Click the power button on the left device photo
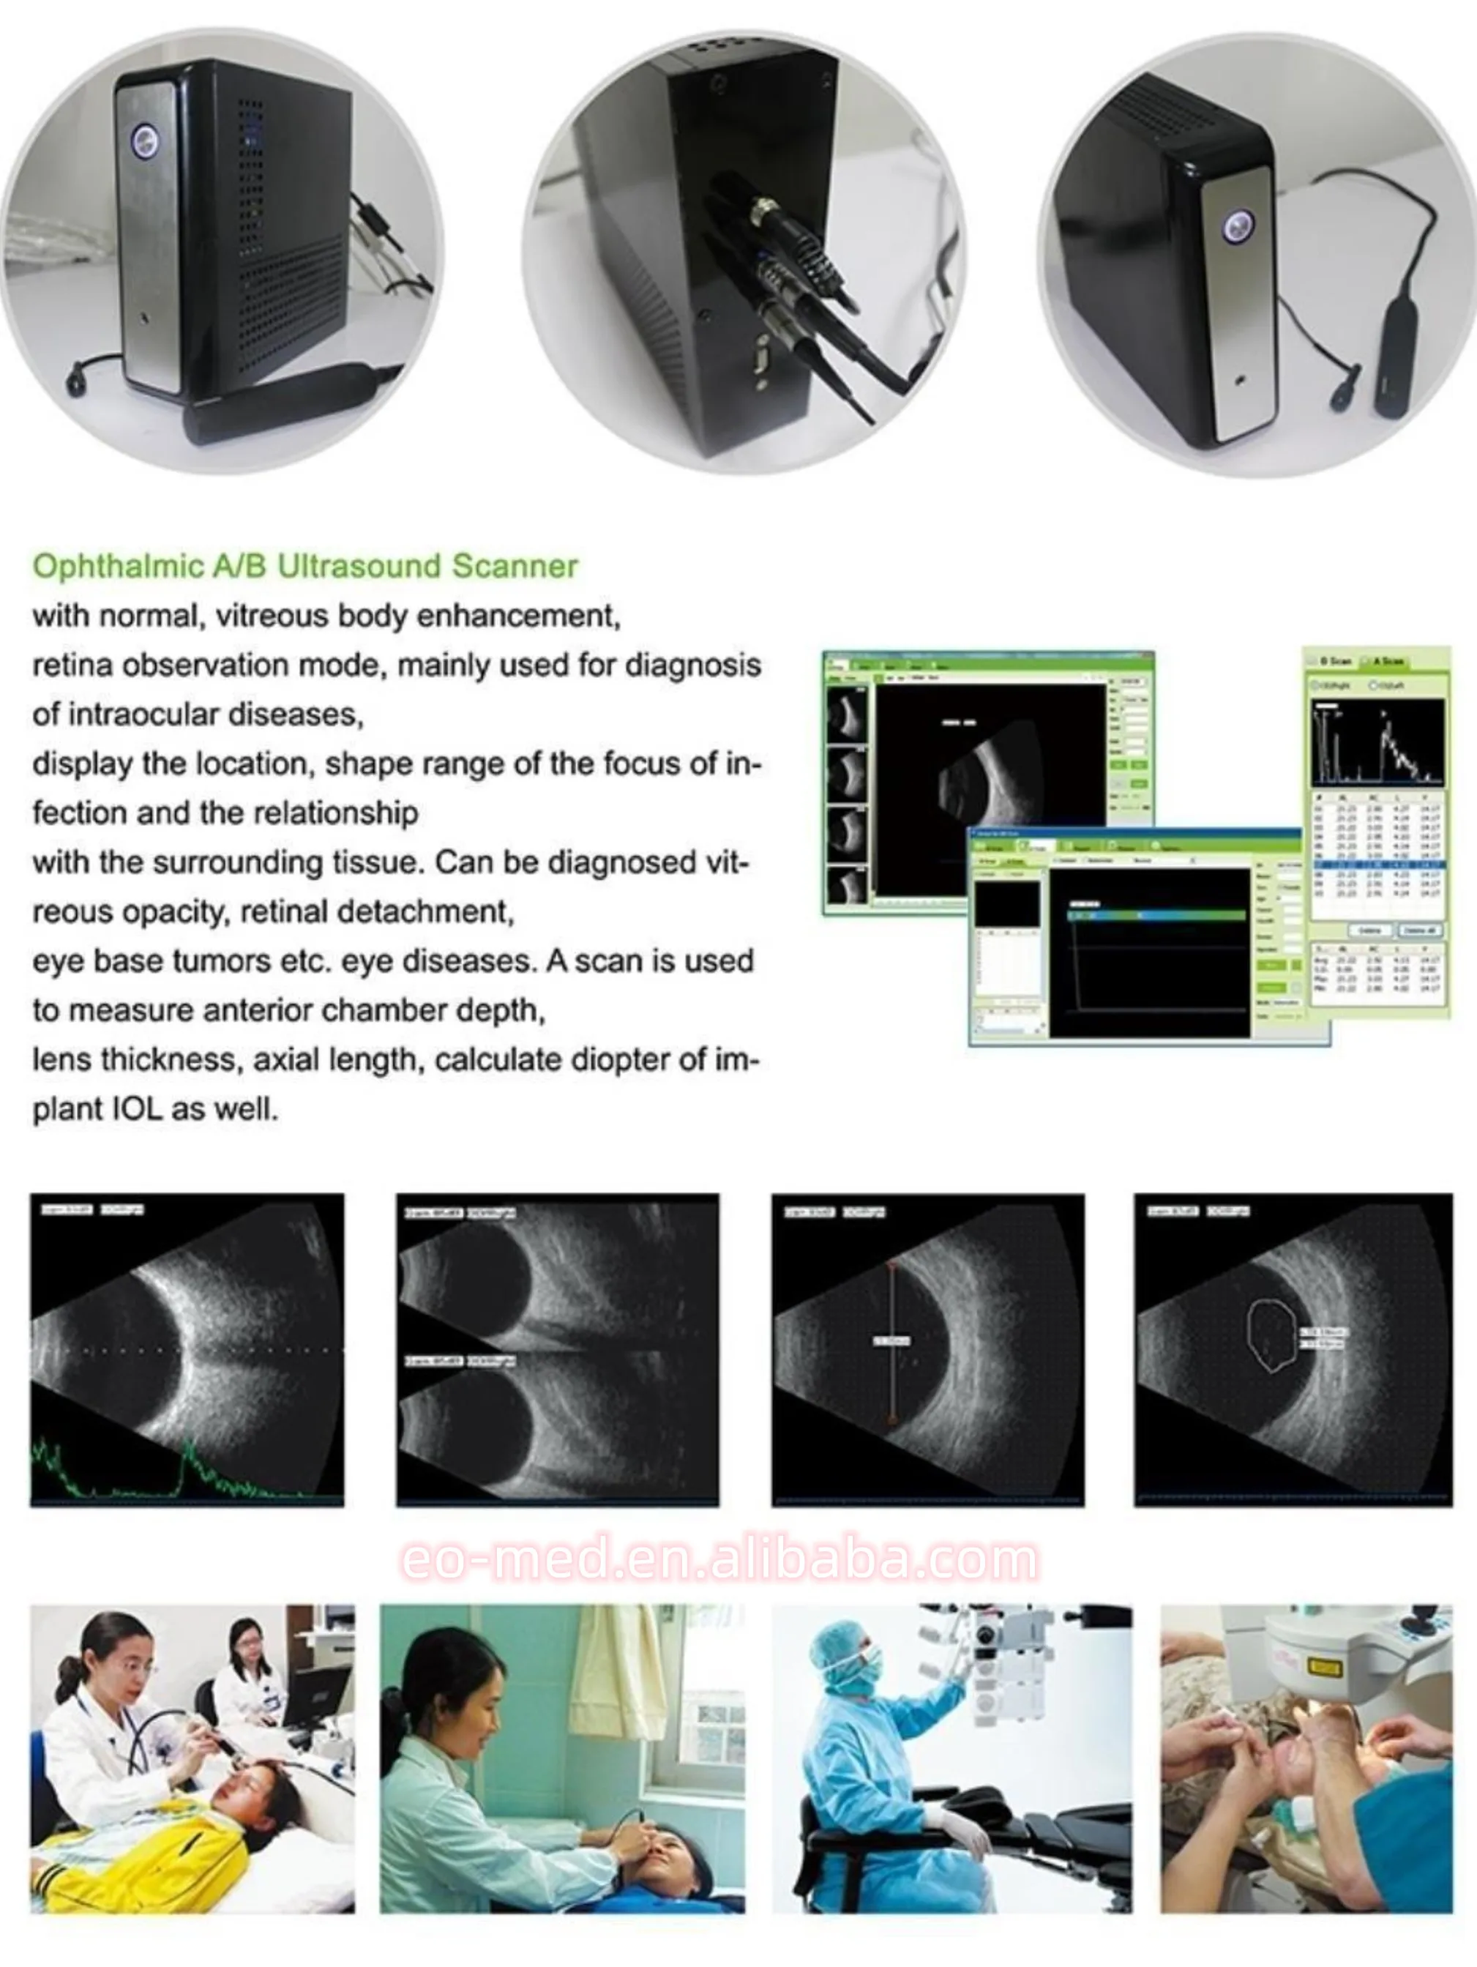tap(145, 141)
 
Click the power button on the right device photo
tap(1237, 227)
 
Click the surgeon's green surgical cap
tap(840, 1645)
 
